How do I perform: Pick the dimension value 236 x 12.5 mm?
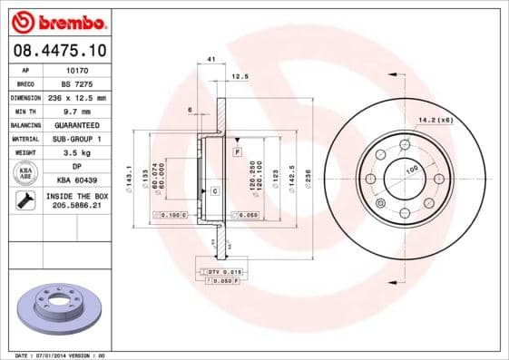click(x=77, y=97)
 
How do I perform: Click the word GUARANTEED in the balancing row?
click(x=77, y=124)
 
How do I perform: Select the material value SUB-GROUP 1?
click(x=76, y=139)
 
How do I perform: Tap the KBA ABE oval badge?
click(x=26, y=174)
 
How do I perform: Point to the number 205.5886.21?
click(x=76, y=207)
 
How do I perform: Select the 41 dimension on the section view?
click(x=210, y=60)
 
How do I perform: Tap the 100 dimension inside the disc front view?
click(x=410, y=170)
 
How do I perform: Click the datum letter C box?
click(x=214, y=191)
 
